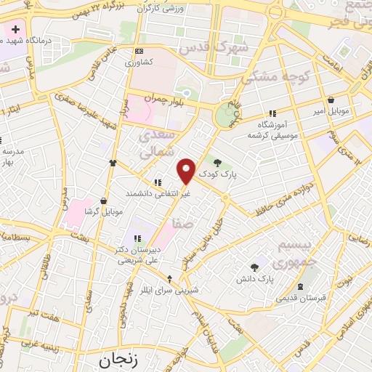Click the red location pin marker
(187, 170)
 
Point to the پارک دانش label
(254, 279)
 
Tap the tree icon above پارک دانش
(254, 267)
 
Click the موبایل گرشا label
(102, 211)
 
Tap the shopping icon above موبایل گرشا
(104, 200)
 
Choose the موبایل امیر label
(331, 113)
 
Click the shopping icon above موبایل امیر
(331, 100)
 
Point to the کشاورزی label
(138, 62)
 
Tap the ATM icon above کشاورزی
(139, 50)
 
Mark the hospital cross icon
(15, 31)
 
